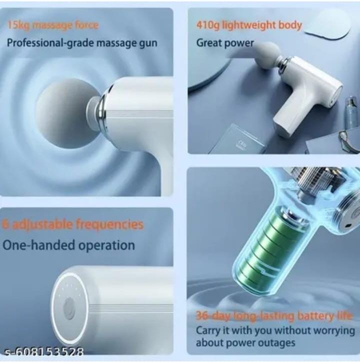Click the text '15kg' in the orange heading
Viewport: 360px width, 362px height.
click(19, 25)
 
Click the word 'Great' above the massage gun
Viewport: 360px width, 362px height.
click(208, 42)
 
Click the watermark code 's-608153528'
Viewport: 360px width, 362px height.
click(43, 352)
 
